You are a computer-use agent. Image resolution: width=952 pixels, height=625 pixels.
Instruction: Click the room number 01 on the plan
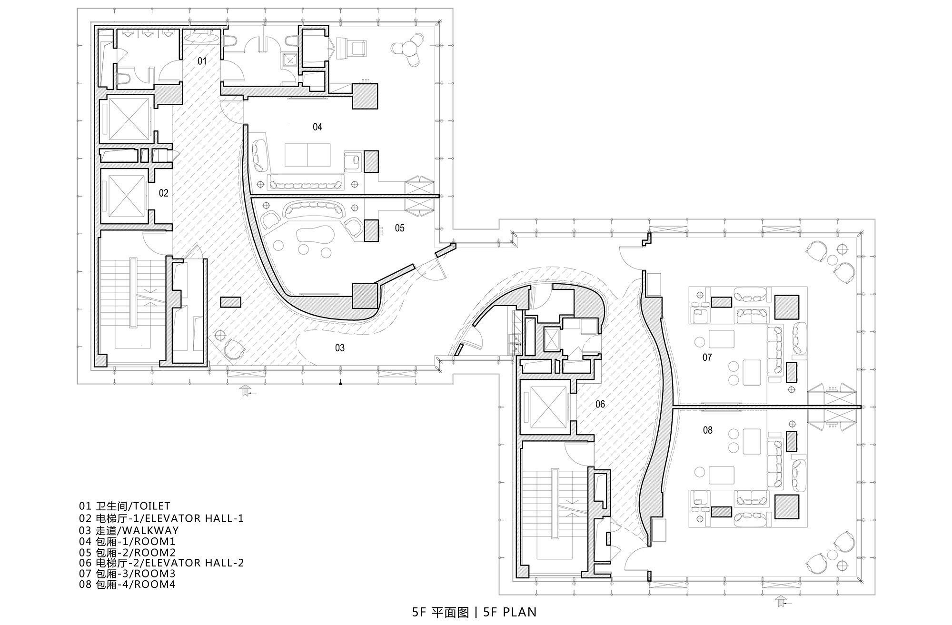[202, 61]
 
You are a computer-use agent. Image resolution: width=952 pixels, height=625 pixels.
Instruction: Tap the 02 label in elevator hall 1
[163, 193]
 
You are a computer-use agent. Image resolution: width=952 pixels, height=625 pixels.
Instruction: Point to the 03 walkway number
[339, 348]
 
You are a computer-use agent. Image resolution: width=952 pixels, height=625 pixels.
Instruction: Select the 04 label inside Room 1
[317, 127]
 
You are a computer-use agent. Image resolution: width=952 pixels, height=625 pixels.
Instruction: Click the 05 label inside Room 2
[399, 228]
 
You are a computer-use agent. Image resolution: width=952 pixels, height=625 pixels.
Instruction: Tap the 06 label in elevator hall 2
[600, 404]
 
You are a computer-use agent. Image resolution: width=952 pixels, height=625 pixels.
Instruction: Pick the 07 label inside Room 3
[707, 357]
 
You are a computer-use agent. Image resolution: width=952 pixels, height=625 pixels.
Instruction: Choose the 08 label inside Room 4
[708, 430]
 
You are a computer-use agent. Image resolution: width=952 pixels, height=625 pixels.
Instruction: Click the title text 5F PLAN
[510, 612]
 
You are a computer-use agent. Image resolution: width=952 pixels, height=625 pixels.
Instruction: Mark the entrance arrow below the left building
[246, 391]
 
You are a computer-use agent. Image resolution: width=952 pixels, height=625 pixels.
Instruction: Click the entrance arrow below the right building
[781, 601]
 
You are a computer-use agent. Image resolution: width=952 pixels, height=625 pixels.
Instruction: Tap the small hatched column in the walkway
[230, 302]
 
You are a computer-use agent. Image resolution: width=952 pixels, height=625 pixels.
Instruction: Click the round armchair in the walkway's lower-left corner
[234, 348]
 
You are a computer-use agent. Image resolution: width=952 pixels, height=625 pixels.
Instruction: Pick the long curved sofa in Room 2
[312, 209]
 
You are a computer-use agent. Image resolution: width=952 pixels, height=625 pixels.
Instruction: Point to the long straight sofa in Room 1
[306, 182]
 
